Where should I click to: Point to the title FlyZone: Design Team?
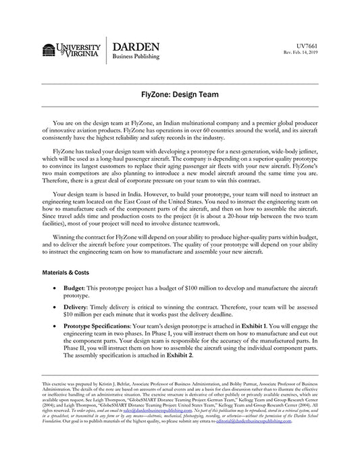pyautogui.click(x=180, y=96)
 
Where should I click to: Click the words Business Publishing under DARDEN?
pyautogui.click(x=137, y=58)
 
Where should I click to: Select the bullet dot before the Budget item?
pyautogui.click(x=55, y=288)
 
